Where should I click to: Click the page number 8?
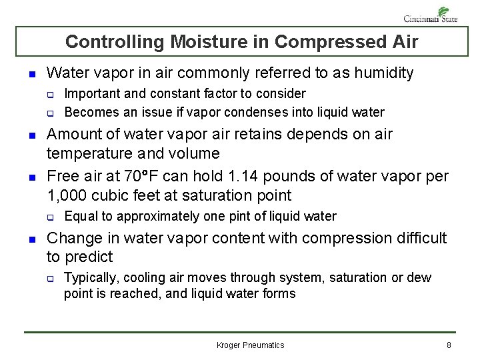pyautogui.click(x=449, y=345)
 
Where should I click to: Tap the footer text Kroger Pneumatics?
pyautogui.click(x=251, y=345)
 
